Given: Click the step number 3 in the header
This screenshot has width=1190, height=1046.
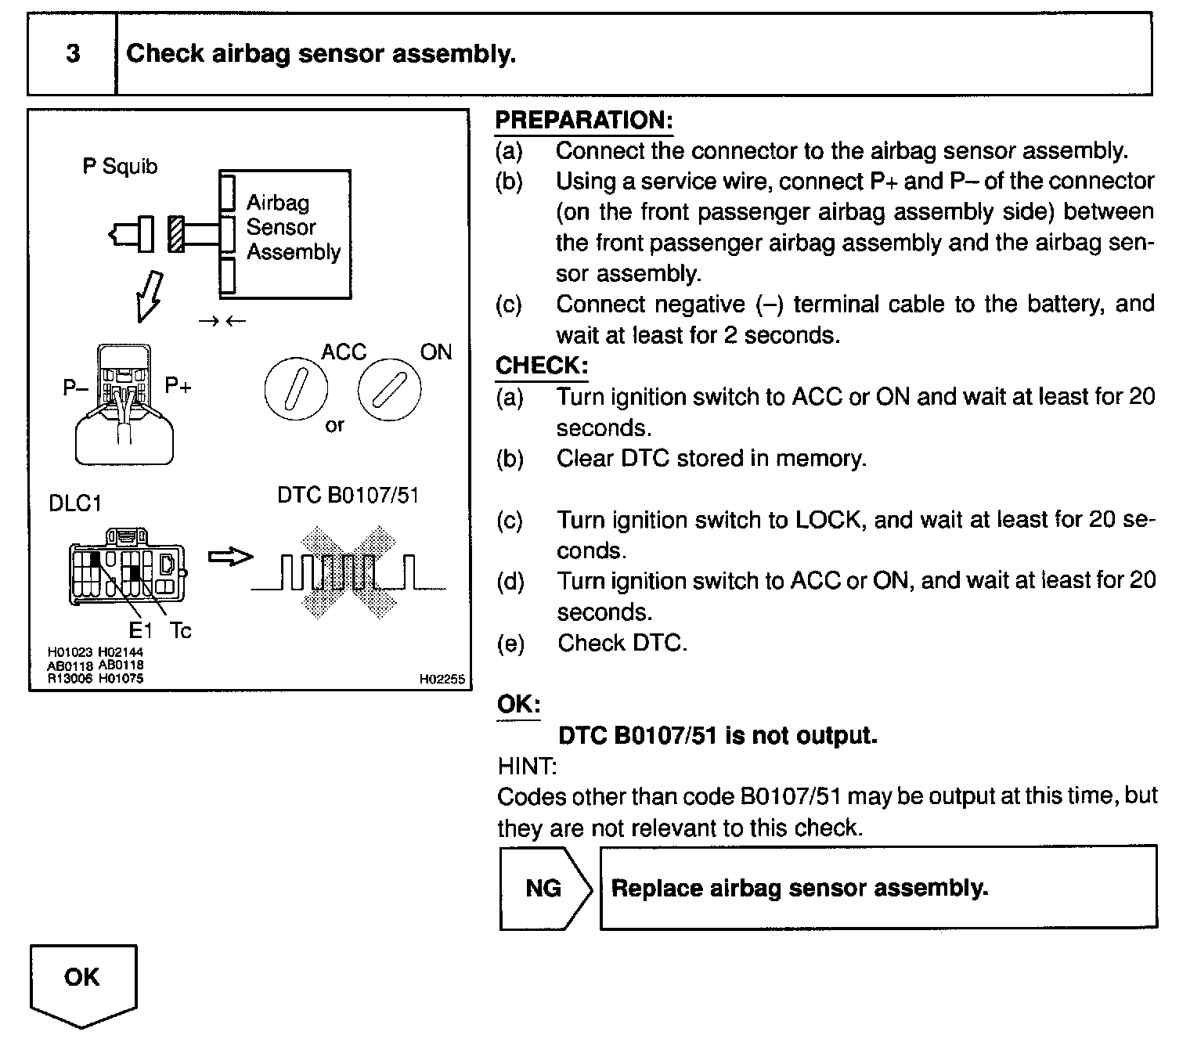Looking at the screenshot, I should coord(72,54).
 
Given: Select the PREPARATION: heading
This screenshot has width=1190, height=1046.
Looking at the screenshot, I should coord(583,121).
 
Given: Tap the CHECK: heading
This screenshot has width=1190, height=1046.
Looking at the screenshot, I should coord(541,366).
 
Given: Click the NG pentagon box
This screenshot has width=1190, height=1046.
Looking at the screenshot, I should coord(545,888).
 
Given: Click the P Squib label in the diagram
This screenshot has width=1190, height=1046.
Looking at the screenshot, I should coord(120,166).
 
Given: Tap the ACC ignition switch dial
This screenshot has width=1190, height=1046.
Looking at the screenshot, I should coord(296,388).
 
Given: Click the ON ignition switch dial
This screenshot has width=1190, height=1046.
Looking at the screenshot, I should coord(389,389).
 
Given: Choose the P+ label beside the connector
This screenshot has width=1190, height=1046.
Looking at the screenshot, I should coord(178,385).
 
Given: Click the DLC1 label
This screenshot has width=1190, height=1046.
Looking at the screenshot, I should coord(75,503).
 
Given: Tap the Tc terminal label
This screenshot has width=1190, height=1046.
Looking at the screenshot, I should coord(180,630).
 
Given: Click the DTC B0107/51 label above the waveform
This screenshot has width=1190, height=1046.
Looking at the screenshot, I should coord(348,496).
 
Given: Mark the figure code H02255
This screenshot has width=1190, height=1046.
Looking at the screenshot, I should coord(442,680).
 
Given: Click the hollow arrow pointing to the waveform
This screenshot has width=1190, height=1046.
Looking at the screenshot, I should coord(231,557).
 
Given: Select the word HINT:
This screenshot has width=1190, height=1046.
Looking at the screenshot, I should coord(527,765).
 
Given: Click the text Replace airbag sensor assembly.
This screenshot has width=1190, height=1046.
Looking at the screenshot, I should coord(799,888).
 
